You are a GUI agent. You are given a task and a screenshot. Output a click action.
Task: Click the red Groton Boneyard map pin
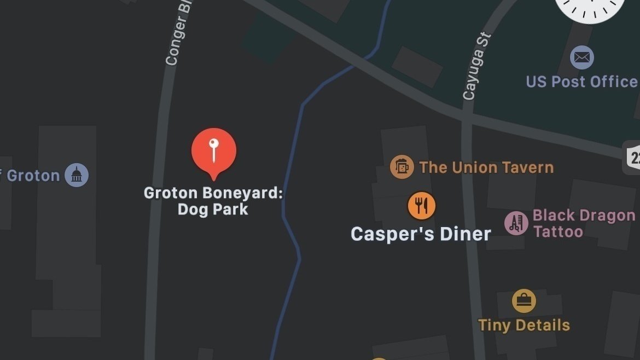(214, 150)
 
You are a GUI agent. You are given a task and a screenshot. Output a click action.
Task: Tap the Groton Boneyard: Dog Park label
(213, 201)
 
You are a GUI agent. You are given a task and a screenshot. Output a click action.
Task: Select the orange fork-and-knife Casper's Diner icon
(421, 206)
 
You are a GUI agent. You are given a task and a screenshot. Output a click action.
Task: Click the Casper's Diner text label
(421, 234)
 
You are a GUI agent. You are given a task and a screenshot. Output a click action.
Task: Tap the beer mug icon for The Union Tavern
(402, 167)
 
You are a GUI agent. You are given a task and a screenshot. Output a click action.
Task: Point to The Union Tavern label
(486, 167)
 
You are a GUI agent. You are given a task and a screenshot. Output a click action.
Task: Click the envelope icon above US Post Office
(581, 57)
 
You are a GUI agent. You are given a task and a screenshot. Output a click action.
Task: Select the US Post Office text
(582, 82)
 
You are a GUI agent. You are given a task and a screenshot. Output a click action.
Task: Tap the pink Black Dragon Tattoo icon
(516, 223)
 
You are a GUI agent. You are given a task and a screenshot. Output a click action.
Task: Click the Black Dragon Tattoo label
(584, 223)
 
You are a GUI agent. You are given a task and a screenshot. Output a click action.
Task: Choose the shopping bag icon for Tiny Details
(523, 301)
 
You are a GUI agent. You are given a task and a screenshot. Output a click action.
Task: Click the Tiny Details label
(524, 326)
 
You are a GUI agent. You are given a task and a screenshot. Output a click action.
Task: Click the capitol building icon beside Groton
(77, 175)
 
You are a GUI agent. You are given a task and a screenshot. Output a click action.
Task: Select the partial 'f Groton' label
(30, 176)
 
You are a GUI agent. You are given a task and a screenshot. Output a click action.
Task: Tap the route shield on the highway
(633, 158)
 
